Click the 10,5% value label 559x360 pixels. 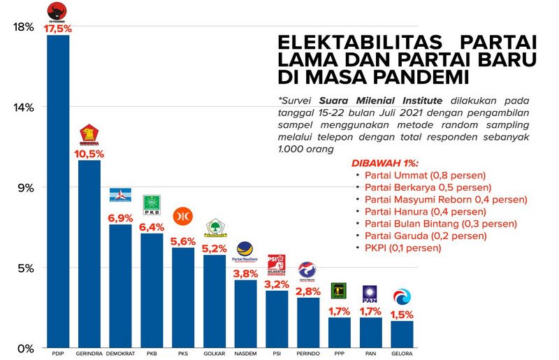coord(89,153)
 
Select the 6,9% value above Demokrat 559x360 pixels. coord(120,218)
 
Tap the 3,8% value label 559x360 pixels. coord(246,273)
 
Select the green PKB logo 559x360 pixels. coord(152,204)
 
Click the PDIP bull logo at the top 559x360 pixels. coord(57,12)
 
